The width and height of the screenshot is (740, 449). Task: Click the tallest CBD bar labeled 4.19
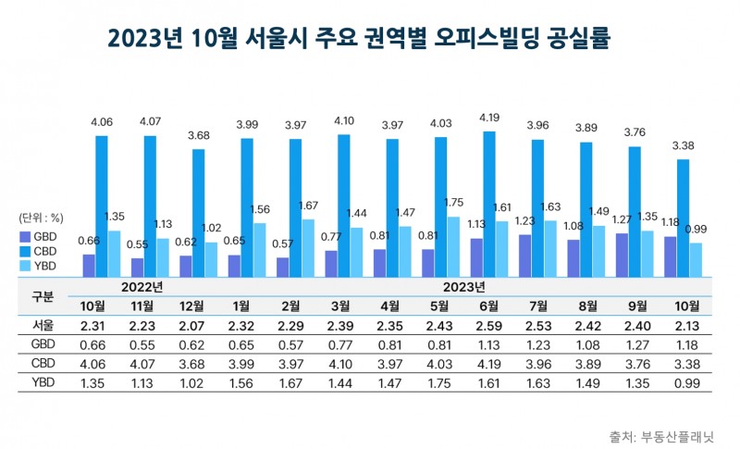tap(489, 204)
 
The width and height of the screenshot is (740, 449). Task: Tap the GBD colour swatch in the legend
tap(25, 235)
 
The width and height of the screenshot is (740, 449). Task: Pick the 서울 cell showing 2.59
tap(489, 325)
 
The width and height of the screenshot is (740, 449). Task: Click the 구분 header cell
tap(43, 296)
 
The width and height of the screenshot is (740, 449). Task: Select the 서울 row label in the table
tap(43, 325)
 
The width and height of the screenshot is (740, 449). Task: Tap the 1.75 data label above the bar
tap(452, 203)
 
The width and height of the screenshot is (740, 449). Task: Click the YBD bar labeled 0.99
tap(696, 259)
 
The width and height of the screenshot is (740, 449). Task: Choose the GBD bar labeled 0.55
tap(138, 267)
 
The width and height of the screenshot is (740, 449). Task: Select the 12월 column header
tap(191, 306)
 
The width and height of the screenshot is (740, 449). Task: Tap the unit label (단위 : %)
tap(41, 218)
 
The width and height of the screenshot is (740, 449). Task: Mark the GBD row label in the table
tap(43, 344)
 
